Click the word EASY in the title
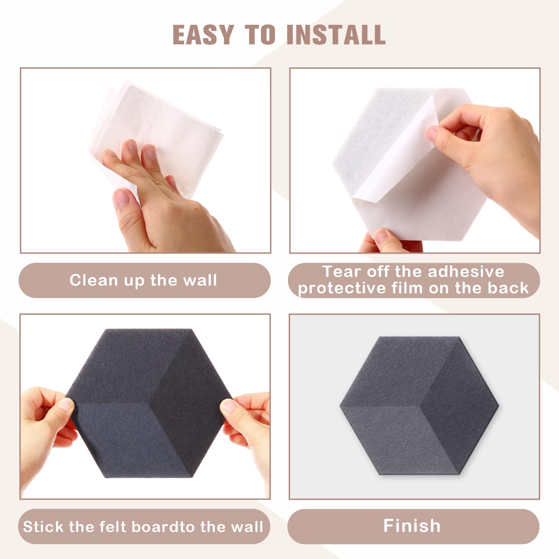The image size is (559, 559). (x=203, y=35)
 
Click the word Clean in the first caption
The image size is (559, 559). (x=94, y=280)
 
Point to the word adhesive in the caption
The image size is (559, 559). (x=466, y=271)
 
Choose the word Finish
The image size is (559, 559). (x=412, y=525)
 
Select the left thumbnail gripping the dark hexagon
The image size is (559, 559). (x=65, y=405)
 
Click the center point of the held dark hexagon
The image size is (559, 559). (x=149, y=403)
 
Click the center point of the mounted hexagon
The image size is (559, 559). (x=419, y=406)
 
